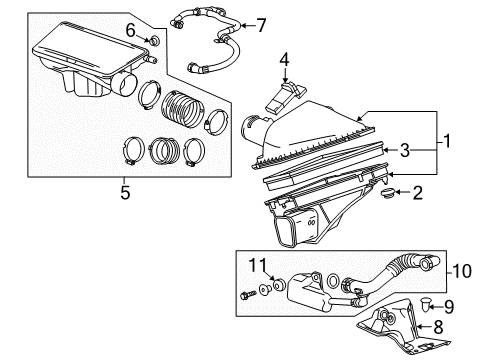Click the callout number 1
[x=446, y=143]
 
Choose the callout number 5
[x=125, y=193]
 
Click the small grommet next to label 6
[x=154, y=41]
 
